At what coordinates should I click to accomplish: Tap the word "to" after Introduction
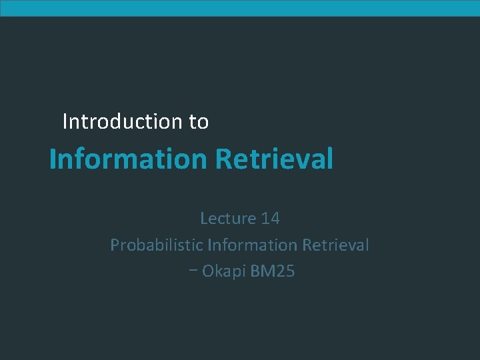(199, 122)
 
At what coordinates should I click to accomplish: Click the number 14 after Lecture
(270, 218)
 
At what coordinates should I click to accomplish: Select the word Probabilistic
(157, 245)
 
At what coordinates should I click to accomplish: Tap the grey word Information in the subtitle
(253, 245)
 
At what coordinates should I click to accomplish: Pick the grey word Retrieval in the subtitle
(335, 245)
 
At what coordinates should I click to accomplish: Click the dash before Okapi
(193, 272)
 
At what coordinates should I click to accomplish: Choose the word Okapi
(224, 272)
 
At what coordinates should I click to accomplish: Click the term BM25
(273, 272)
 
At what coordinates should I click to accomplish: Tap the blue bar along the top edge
(240, 8)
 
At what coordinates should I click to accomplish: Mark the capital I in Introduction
(65, 121)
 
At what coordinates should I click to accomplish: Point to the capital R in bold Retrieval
(221, 159)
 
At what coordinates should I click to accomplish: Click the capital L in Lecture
(204, 218)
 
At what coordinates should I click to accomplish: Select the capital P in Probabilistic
(114, 245)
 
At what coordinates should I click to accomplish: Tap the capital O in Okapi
(207, 272)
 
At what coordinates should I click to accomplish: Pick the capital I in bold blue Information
(53, 159)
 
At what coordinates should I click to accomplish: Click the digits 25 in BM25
(285, 272)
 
